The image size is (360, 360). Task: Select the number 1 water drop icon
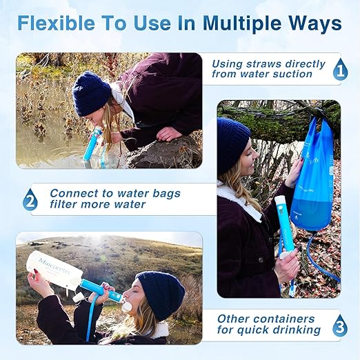click(340, 70)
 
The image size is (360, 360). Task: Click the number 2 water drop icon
click(30, 201)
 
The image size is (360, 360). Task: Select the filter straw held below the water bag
click(284, 224)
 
